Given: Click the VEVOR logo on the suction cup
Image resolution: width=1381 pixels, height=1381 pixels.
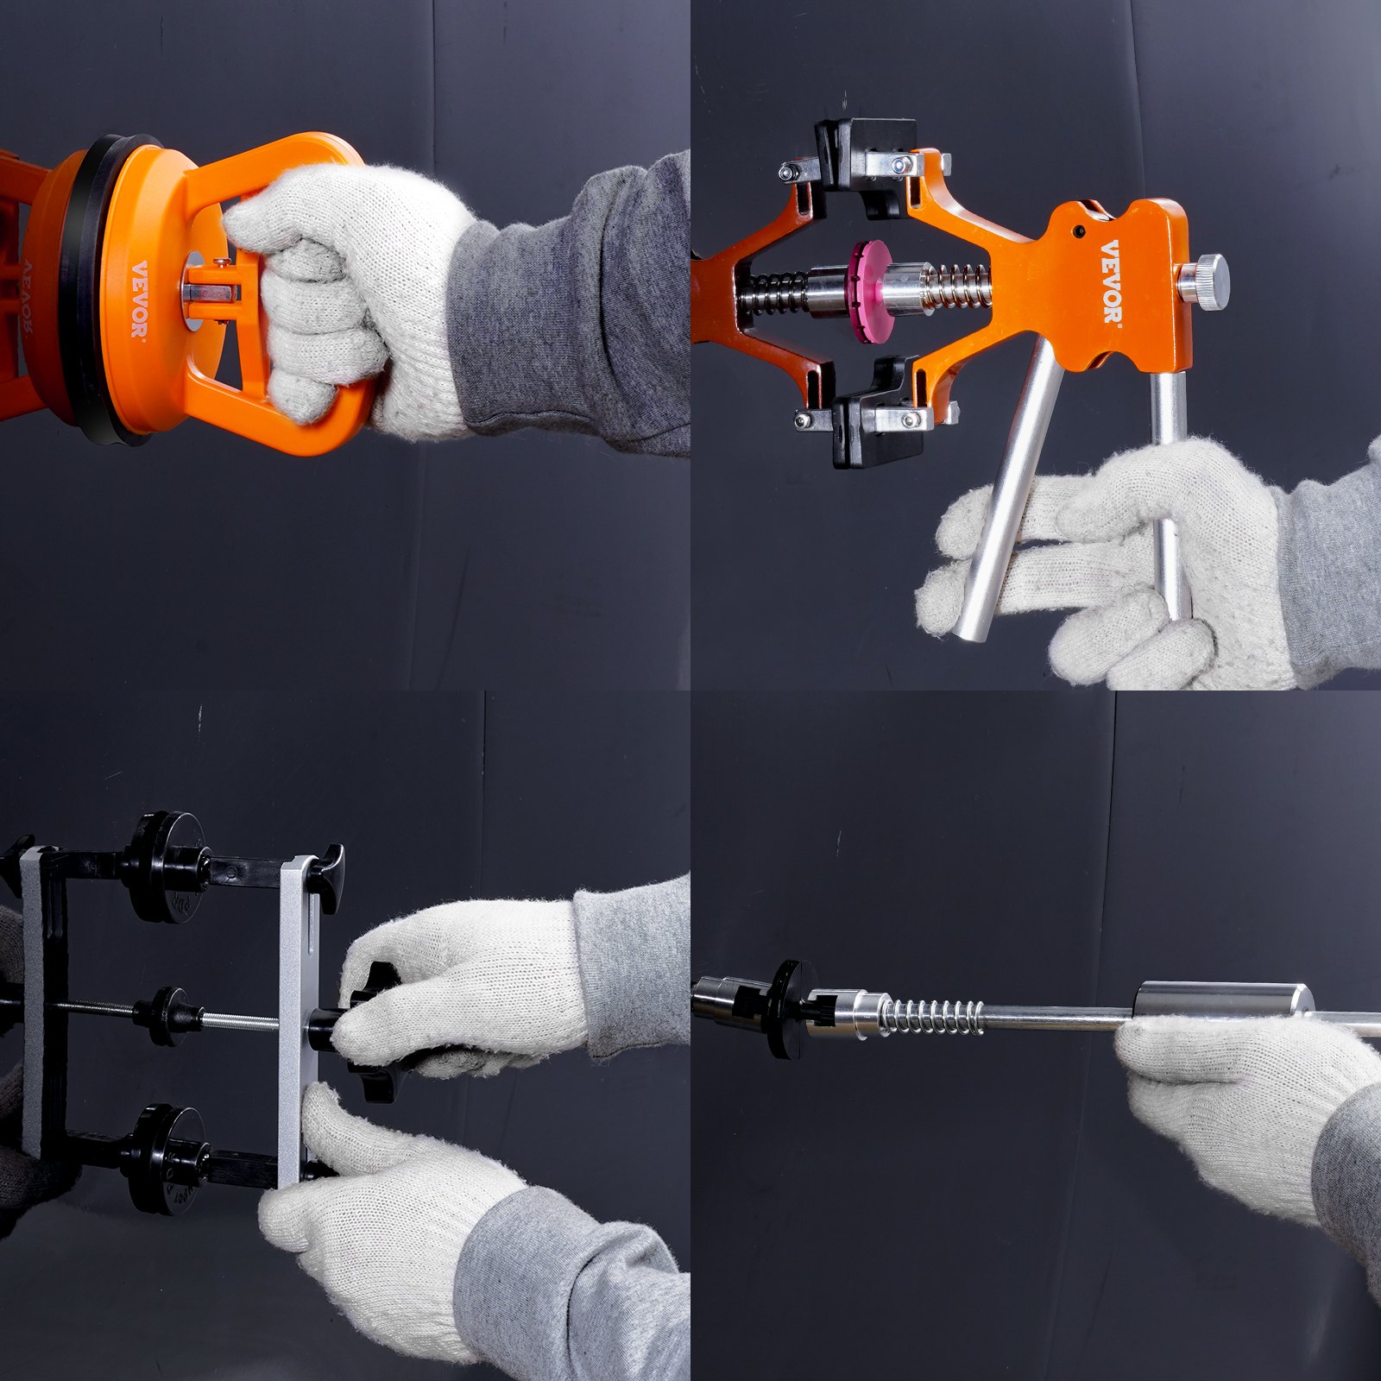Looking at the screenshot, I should pyautogui.click(x=139, y=300).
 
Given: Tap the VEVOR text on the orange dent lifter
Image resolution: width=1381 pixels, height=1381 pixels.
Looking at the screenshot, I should pyautogui.click(x=1112, y=281).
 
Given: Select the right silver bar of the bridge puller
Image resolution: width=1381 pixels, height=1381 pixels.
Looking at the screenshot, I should pyautogui.click(x=298, y=1018).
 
